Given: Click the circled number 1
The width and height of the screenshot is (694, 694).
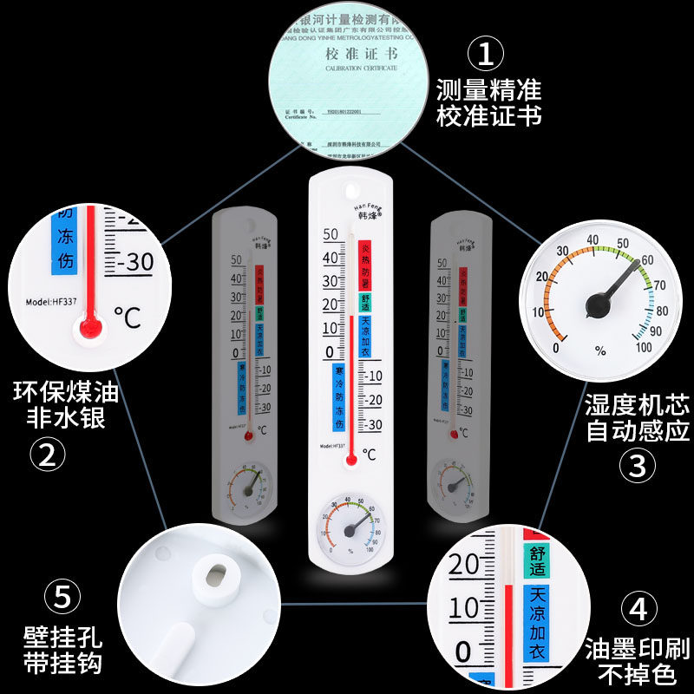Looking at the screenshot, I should (x=486, y=54).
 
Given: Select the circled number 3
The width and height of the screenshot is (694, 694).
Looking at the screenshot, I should (x=637, y=466).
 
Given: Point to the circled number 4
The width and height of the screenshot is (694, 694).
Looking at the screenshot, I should (x=638, y=608).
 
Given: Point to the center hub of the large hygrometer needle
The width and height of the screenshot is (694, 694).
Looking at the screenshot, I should (x=597, y=304).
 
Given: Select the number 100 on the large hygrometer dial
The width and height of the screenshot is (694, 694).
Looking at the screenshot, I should (x=643, y=348).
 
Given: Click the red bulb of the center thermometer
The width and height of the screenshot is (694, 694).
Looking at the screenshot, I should (x=350, y=459).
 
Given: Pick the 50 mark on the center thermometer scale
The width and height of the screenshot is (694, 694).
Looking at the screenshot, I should (x=331, y=234).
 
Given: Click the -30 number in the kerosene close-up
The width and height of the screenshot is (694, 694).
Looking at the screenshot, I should (x=134, y=260).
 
